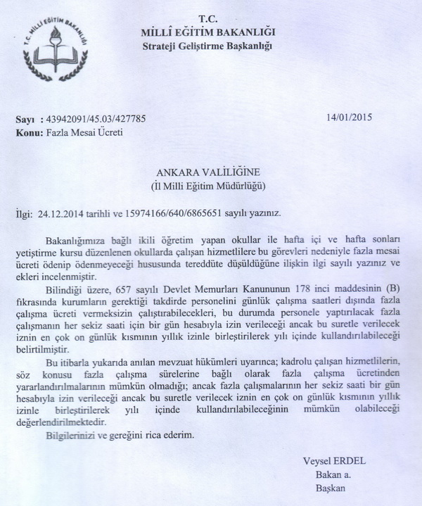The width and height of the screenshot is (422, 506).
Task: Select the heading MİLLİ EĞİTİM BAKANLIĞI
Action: (x=207, y=32)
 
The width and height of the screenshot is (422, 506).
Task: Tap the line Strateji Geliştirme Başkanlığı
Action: (x=207, y=46)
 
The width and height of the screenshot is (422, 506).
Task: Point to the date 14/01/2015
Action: (x=350, y=118)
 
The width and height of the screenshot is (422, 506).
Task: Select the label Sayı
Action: (x=25, y=120)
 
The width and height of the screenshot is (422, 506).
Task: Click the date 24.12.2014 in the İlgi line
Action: (x=64, y=211)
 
